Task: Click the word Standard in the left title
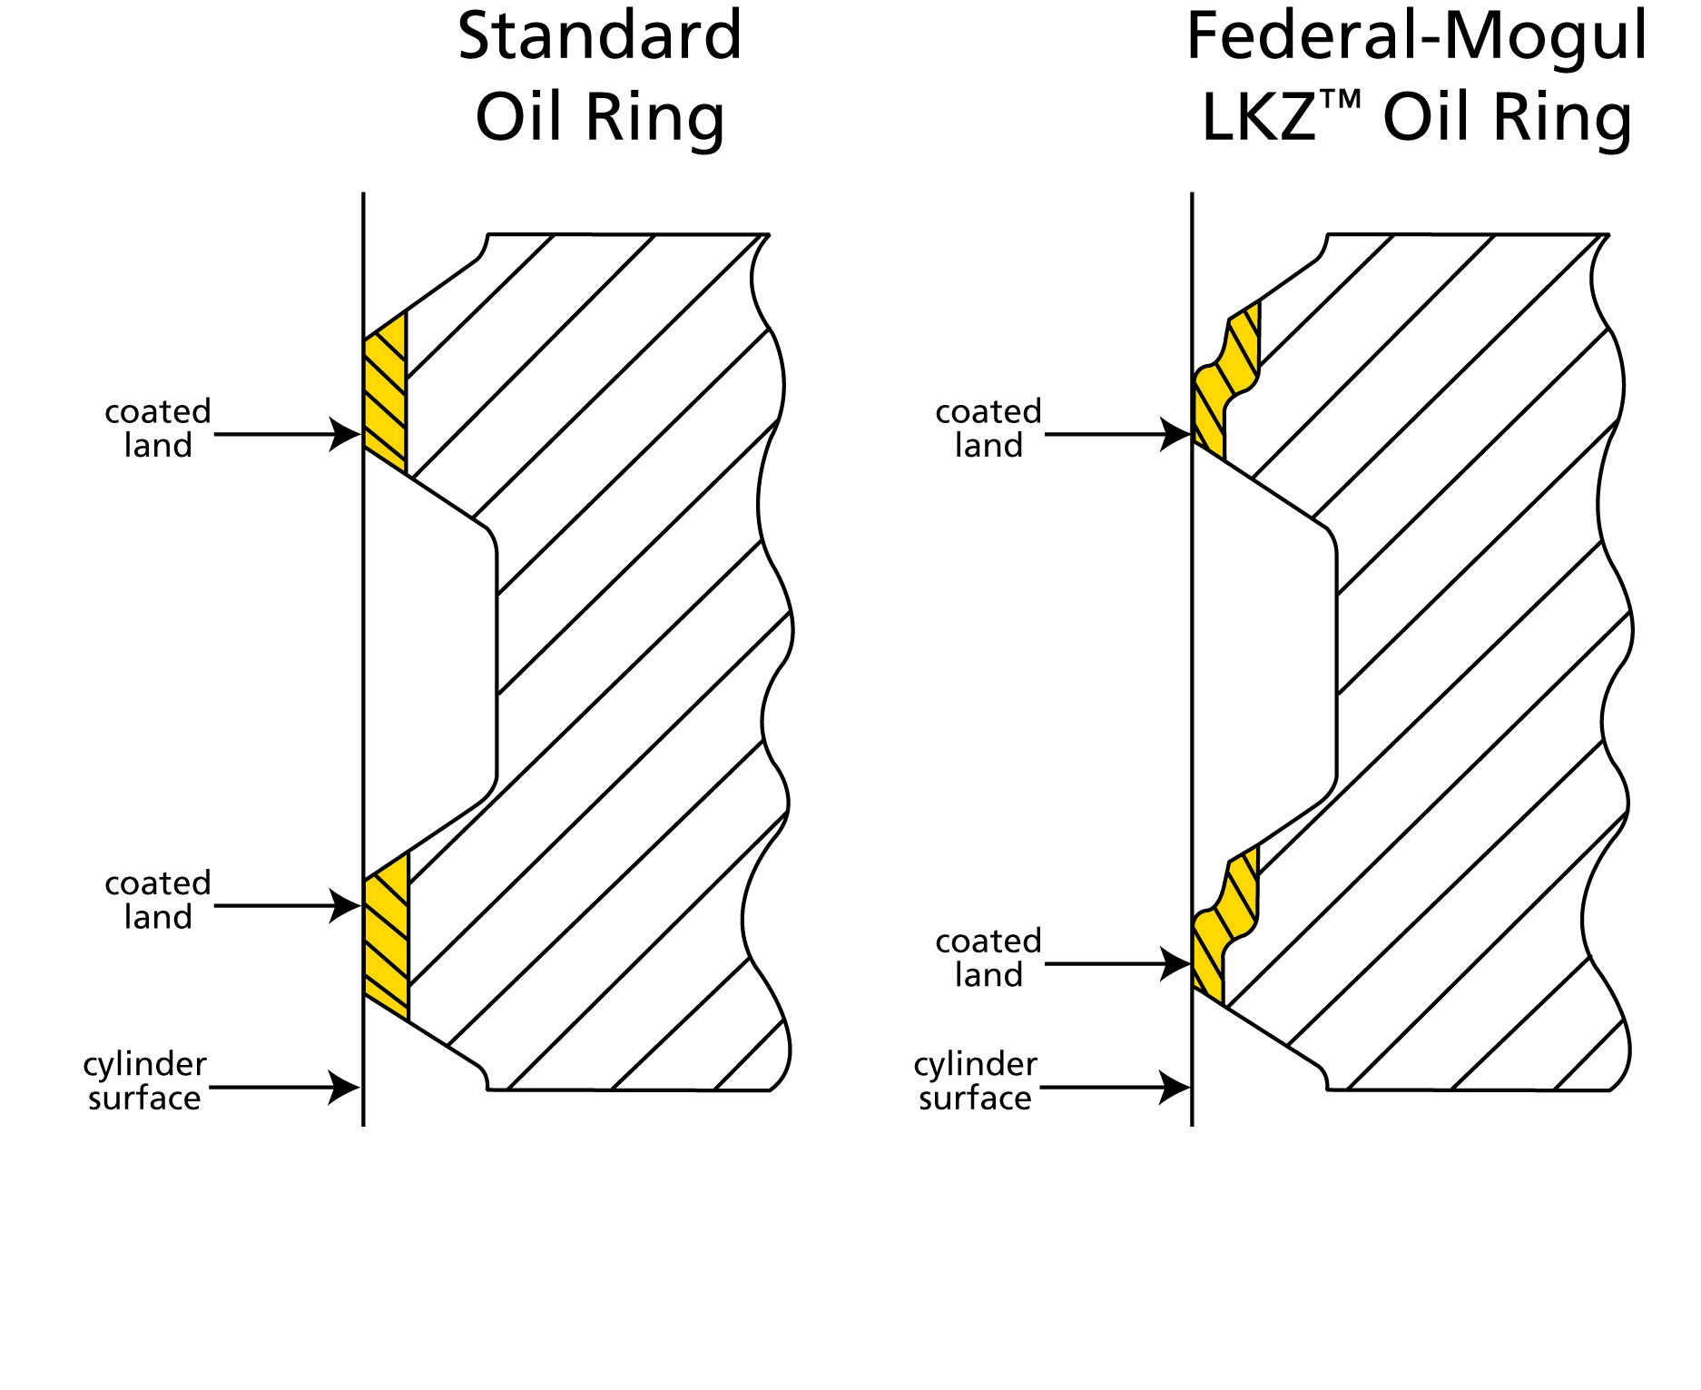tap(599, 38)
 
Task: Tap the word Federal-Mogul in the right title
tap(1416, 38)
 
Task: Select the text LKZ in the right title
tap(1258, 118)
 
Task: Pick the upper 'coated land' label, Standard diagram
tap(158, 429)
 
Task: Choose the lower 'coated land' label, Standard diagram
tap(158, 900)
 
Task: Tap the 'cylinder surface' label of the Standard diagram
tap(145, 1080)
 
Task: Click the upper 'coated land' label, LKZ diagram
tap(988, 429)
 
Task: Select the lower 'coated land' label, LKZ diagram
tap(988, 958)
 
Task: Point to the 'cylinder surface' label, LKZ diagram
tap(976, 1080)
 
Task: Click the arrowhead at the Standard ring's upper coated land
tap(345, 434)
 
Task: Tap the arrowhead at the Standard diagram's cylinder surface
tap(345, 1087)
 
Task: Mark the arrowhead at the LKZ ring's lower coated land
tap(1175, 964)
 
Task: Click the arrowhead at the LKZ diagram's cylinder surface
tap(1175, 1087)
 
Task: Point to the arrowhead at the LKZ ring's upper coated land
tap(1175, 434)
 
